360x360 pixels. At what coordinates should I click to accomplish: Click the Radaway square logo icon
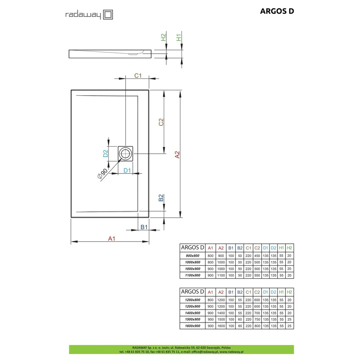(x=108, y=15)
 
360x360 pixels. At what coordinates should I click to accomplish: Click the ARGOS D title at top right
(x=277, y=11)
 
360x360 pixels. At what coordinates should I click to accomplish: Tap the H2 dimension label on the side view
(x=163, y=37)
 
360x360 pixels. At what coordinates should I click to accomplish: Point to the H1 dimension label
(x=179, y=37)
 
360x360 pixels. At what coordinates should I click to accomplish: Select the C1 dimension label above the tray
(x=138, y=76)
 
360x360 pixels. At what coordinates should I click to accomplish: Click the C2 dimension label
(x=161, y=122)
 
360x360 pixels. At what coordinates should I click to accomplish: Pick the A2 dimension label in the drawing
(x=177, y=154)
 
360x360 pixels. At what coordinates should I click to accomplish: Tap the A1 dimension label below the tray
(x=112, y=239)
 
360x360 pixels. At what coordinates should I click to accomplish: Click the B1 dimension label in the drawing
(x=144, y=227)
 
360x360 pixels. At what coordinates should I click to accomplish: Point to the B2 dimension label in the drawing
(x=161, y=198)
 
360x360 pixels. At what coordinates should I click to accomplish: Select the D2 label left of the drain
(x=105, y=153)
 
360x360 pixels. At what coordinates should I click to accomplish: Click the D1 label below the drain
(x=127, y=170)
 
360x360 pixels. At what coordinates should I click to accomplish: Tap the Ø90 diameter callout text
(x=102, y=174)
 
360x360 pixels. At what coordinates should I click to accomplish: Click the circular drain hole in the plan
(x=125, y=154)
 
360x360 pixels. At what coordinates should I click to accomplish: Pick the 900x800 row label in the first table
(x=193, y=256)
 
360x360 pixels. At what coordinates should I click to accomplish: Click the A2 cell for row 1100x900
(x=221, y=275)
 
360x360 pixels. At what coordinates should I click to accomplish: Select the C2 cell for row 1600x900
(x=257, y=326)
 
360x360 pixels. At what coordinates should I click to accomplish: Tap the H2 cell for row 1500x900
(x=289, y=319)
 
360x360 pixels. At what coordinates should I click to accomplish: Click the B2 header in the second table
(x=240, y=292)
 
